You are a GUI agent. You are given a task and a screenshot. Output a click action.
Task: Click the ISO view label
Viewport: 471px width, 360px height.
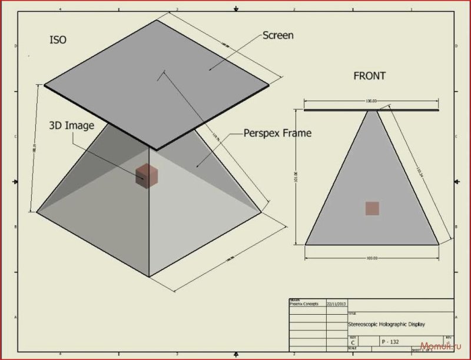(x=58, y=40)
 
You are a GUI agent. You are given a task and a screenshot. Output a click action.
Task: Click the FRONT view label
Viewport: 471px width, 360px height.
(x=369, y=76)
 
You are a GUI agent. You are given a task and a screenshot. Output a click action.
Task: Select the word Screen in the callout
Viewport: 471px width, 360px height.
(x=277, y=35)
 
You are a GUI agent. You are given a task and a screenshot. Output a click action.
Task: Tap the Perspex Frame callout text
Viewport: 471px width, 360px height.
(x=277, y=134)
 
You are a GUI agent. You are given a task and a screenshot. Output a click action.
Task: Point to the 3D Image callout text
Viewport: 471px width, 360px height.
(x=71, y=125)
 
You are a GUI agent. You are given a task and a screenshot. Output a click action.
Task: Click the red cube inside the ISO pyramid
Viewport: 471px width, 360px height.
(x=146, y=175)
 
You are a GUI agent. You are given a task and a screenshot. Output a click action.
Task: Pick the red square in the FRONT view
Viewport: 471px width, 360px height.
(x=372, y=208)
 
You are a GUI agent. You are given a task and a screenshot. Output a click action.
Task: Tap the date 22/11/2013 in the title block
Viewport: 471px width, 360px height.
(x=336, y=304)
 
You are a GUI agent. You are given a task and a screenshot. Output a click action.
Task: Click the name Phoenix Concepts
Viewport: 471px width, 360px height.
(x=304, y=304)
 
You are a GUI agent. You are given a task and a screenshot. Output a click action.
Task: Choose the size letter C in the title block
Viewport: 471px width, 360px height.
(x=353, y=341)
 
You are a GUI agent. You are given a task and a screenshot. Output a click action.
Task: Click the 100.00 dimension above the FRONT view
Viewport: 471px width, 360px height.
(x=371, y=101)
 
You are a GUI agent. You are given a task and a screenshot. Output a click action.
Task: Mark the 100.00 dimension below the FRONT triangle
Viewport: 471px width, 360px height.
(x=371, y=258)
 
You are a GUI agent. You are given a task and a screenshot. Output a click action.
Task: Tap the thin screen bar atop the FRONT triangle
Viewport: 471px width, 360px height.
(x=372, y=109)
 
